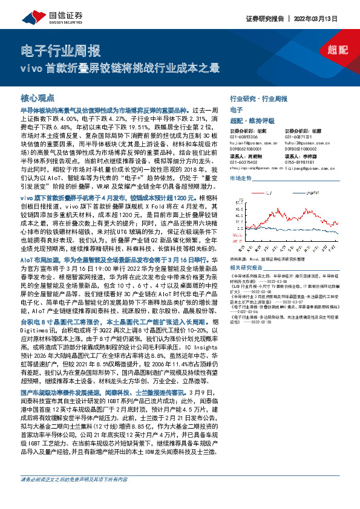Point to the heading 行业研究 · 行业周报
(x=258, y=98)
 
